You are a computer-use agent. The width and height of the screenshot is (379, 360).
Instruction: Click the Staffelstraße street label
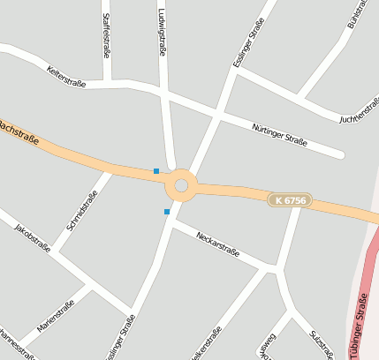(107, 35)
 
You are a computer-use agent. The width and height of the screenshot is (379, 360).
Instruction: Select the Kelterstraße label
(66, 77)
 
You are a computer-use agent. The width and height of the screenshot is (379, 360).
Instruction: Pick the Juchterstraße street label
(360, 111)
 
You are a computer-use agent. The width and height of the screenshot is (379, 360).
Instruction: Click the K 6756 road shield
(290, 201)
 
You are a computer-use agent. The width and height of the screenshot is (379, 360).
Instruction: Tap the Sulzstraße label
(321, 344)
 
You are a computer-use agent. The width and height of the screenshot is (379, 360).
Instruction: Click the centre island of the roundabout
(182, 185)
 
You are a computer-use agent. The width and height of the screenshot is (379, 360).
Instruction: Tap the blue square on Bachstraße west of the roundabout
(156, 171)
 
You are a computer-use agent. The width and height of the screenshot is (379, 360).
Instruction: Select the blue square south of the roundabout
(166, 212)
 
